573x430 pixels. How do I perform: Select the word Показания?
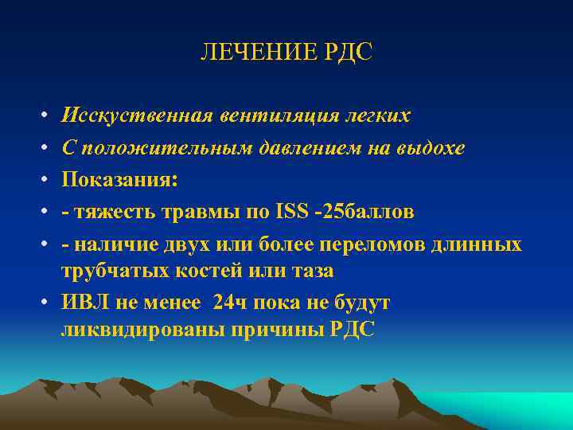[119, 180]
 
